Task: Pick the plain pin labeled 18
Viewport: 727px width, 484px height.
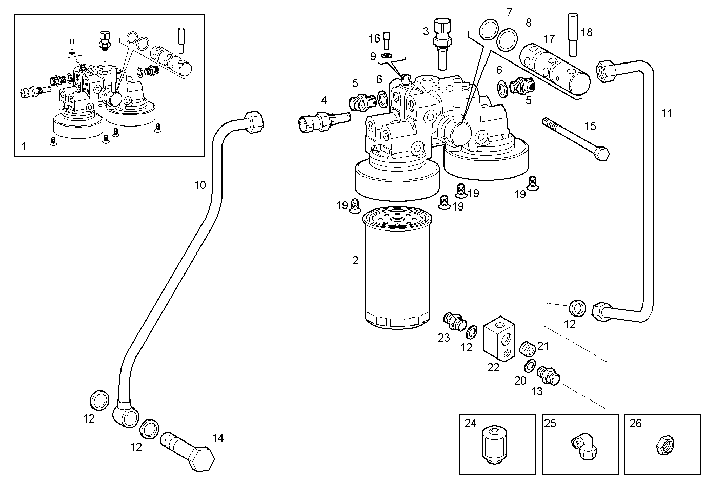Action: [x=573, y=34]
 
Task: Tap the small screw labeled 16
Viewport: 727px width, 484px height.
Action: [x=387, y=39]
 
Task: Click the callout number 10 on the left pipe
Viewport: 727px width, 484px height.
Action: [x=200, y=185]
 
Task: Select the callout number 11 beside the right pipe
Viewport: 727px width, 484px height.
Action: [x=667, y=113]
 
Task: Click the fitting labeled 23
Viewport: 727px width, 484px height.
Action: [x=452, y=320]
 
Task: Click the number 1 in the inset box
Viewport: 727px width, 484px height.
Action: [x=24, y=146]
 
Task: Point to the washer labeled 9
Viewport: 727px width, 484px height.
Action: [x=387, y=55]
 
